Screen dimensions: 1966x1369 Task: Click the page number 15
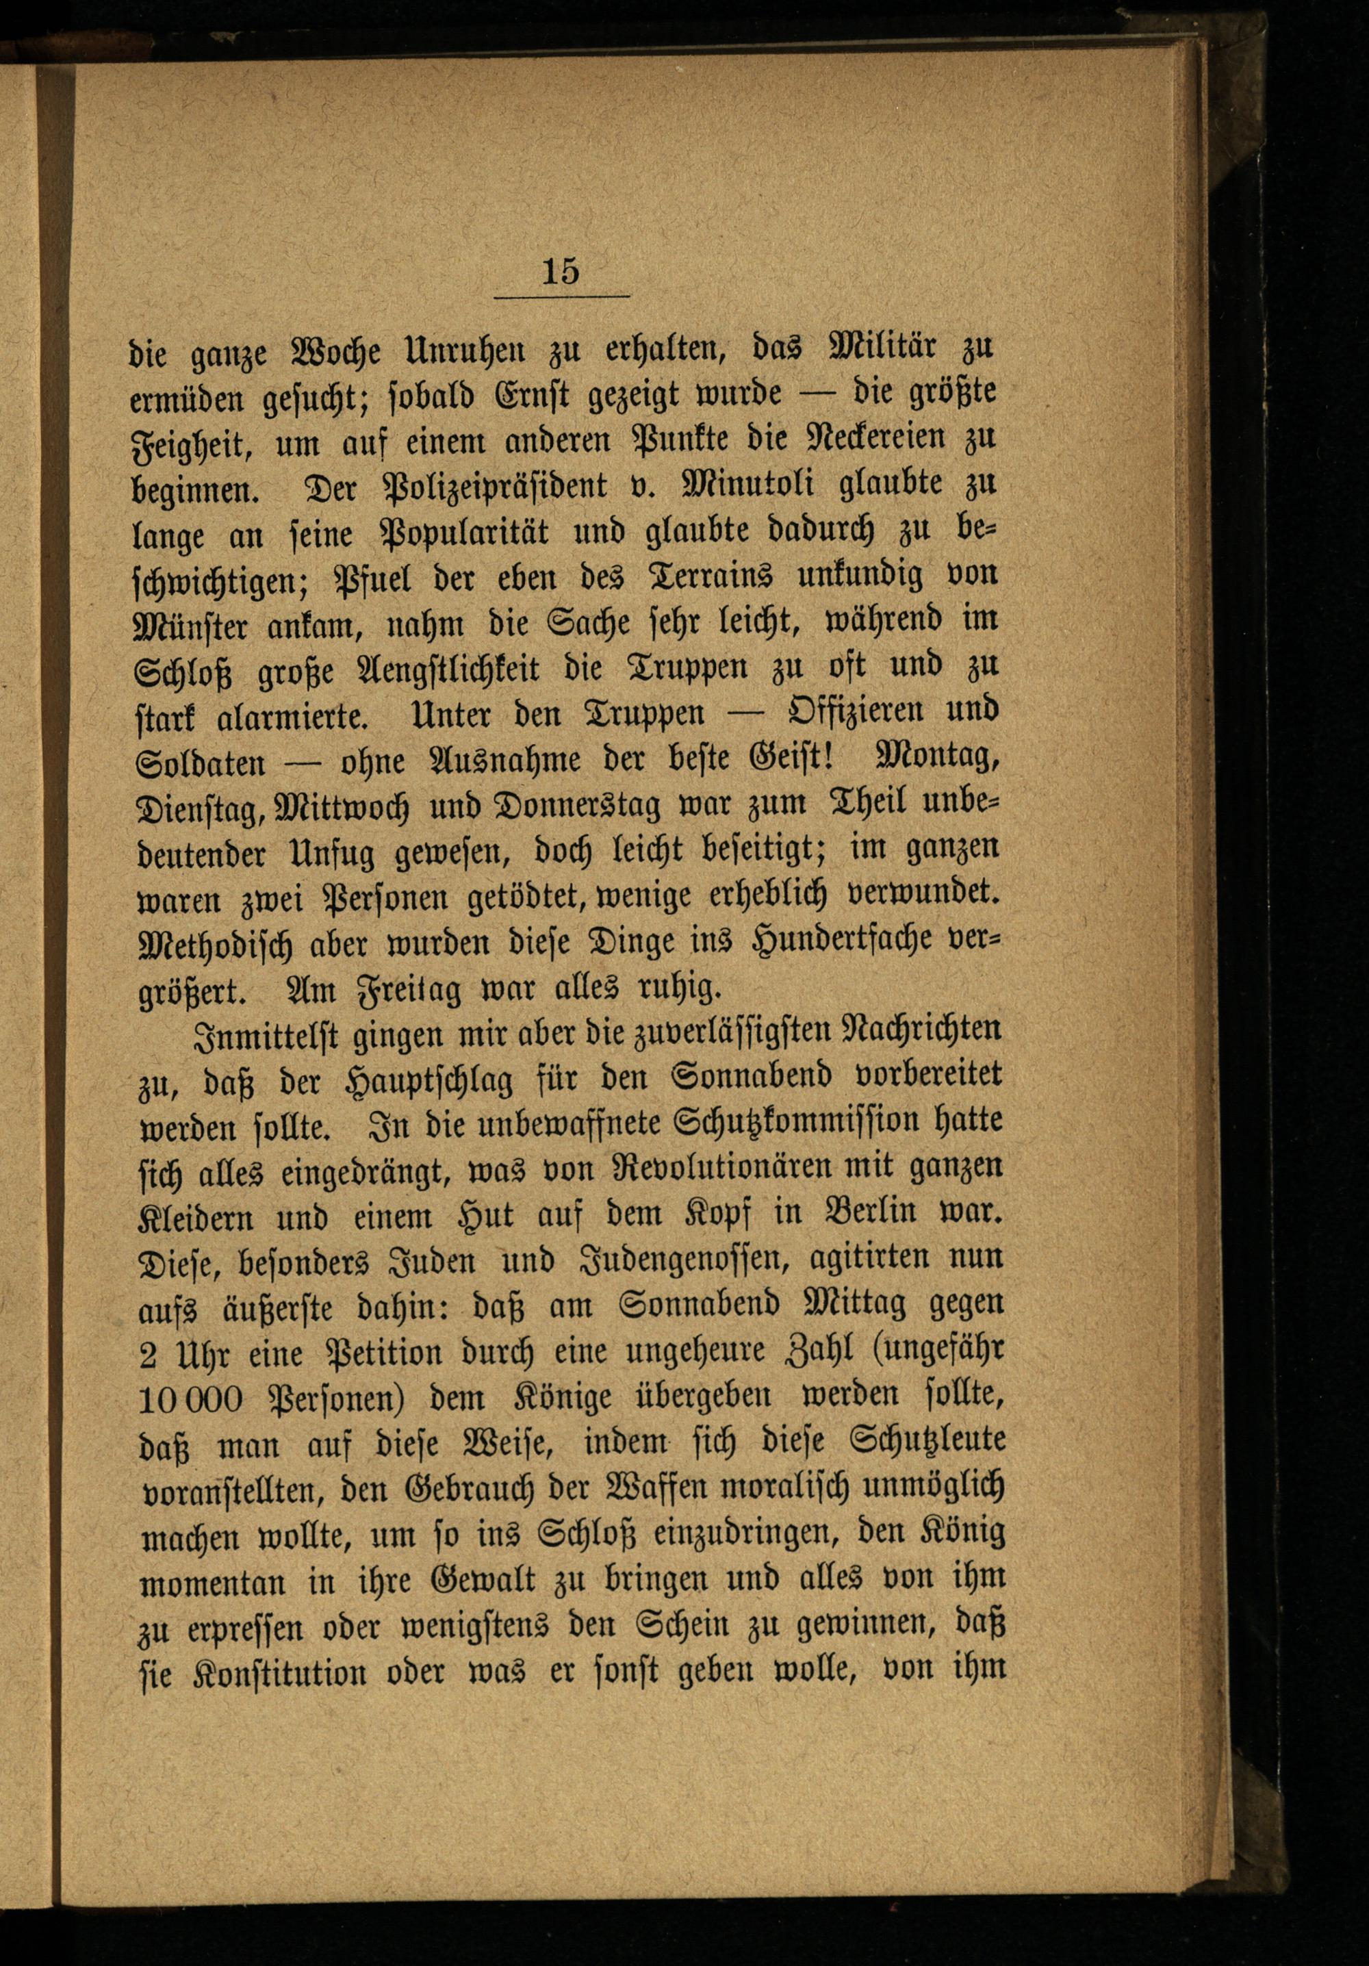click(561, 272)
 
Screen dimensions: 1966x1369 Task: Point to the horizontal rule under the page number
click(562, 296)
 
